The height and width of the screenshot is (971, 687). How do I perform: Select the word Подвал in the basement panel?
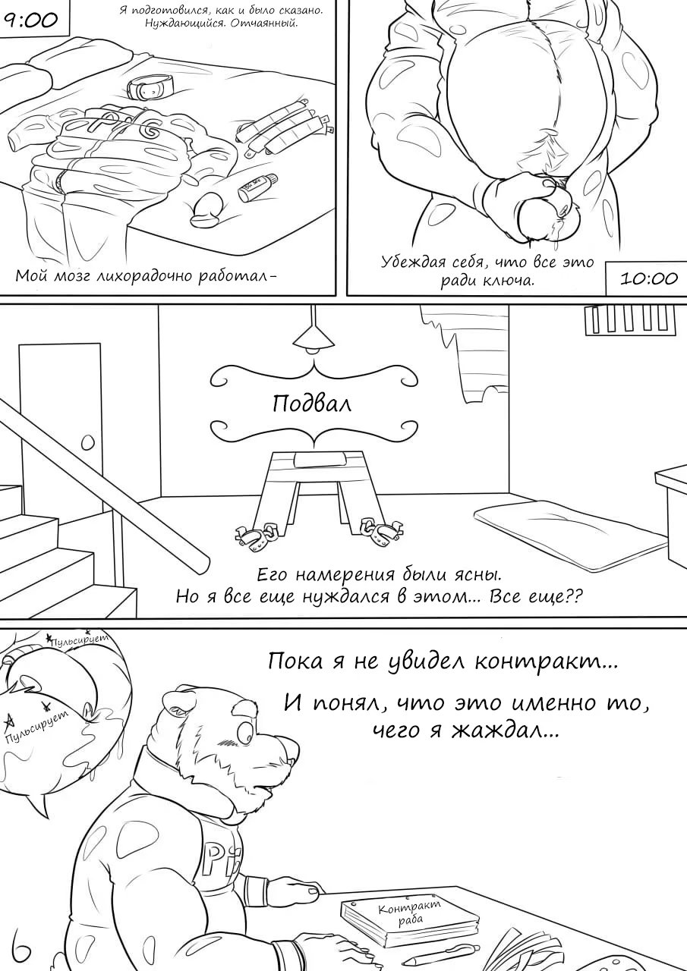pos(311,404)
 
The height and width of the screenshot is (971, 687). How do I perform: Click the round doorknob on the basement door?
pos(87,442)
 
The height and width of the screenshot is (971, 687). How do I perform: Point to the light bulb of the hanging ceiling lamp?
pos(311,350)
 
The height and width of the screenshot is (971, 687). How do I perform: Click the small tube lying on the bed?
pos(257,187)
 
